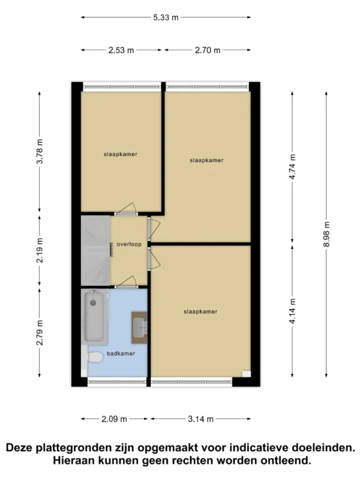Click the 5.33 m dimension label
(166, 17)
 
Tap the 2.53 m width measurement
(121, 50)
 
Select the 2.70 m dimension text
(208, 50)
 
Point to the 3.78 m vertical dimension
(40, 152)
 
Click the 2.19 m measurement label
(40, 251)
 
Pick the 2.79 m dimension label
(40, 333)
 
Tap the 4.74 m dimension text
(292, 167)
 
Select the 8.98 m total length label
(327, 234)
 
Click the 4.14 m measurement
(292, 311)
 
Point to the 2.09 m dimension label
(115, 419)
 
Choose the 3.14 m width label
(201, 419)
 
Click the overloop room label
(129, 244)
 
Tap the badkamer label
(121, 353)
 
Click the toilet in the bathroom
(94, 357)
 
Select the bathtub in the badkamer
(95, 316)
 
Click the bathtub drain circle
(93, 303)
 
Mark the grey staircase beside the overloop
(95, 251)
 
